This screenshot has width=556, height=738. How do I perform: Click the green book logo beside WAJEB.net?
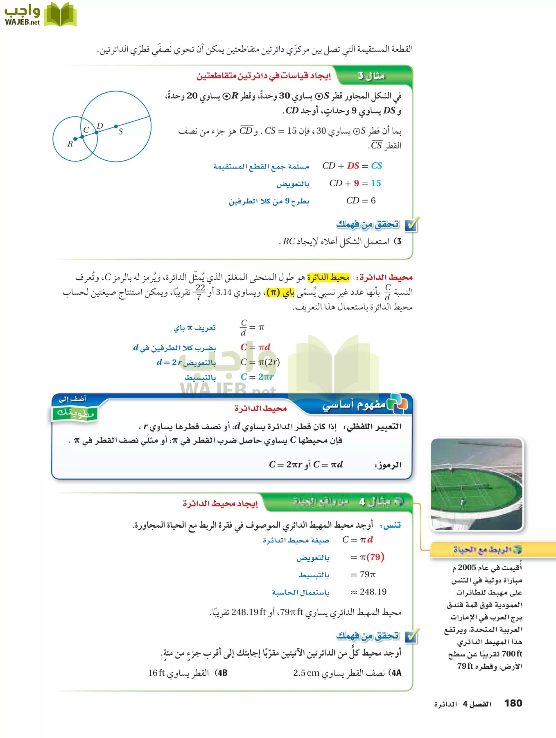[60, 14]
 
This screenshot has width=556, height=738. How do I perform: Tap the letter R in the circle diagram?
[70, 144]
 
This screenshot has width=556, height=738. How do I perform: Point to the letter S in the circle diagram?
[121, 132]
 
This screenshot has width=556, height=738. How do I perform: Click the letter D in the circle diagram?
[100, 126]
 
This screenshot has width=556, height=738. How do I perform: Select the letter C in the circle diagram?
[86, 130]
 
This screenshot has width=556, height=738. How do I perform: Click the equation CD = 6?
[361, 200]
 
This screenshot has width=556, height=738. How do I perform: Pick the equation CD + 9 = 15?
[355, 183]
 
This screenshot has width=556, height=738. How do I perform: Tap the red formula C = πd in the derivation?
[255, 347]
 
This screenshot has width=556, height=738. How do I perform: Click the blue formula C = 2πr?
[257, 377]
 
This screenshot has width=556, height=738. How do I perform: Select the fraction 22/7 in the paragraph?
[200, 292]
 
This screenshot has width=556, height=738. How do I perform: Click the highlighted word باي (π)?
[280, 292]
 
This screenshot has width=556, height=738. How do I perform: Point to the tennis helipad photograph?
[477, 484]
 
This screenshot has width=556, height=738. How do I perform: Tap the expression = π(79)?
[367, 557]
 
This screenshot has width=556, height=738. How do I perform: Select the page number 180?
[513, 703]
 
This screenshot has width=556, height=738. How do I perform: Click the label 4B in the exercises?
[221, 673]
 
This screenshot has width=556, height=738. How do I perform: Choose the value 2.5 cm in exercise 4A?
[306, 673]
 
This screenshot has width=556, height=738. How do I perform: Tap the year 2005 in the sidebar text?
[467, 567]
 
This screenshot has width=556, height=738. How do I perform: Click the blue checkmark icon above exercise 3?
[411, 225]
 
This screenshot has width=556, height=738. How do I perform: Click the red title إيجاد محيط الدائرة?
[220, 503]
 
